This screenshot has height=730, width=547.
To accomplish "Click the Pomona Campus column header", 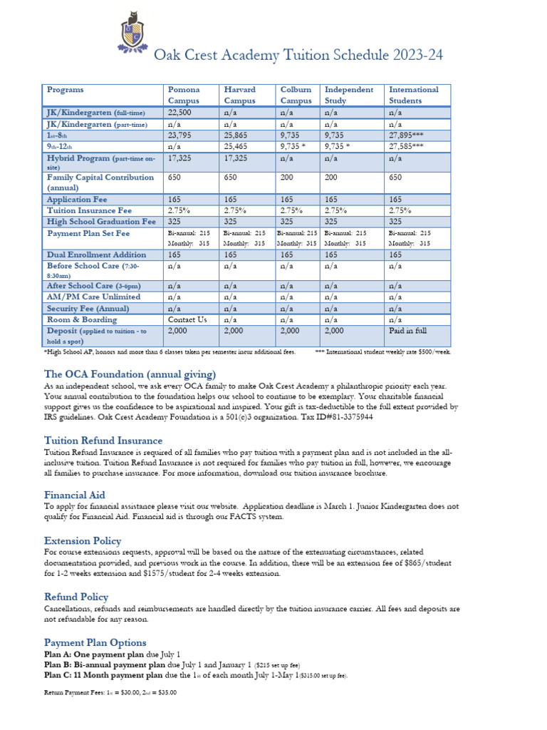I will tap(184, 95).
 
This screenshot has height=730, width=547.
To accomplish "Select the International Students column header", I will tap(413, 95).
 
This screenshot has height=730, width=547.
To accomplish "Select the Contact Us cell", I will tap(187, 320).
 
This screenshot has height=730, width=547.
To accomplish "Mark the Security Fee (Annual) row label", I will tap(88, 309).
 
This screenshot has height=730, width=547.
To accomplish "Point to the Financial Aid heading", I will tap(74, 495).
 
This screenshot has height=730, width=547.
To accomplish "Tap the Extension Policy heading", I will tap(83, 540).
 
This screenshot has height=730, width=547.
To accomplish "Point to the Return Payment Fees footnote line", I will tap(110, 692).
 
